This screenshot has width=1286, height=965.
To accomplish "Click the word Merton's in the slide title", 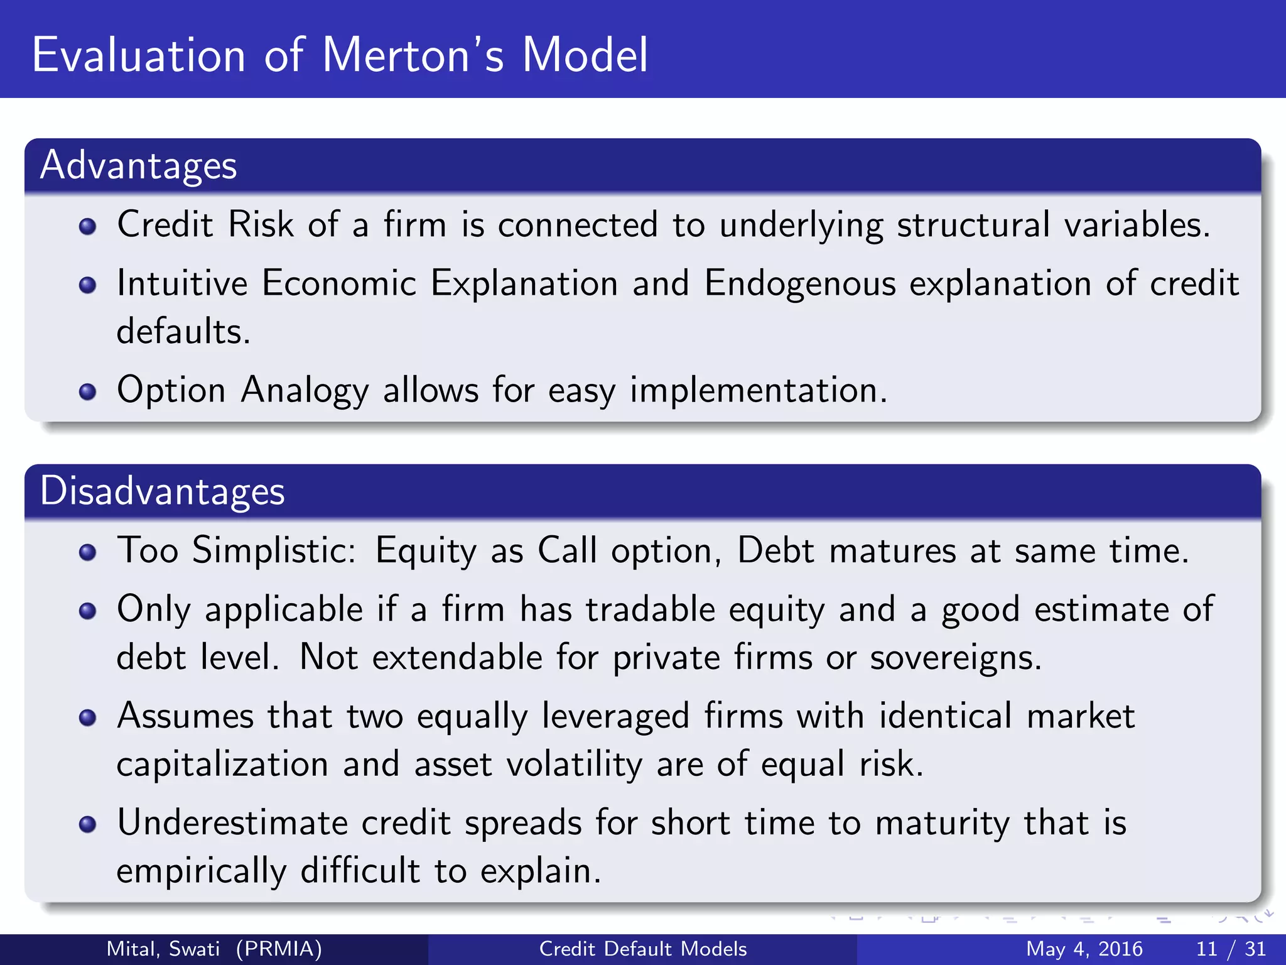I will pos(413,55).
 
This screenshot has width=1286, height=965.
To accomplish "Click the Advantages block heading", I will pos(138,166).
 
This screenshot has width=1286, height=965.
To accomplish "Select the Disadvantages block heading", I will pos(162,491).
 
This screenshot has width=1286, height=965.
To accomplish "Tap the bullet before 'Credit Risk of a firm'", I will pos(88,226).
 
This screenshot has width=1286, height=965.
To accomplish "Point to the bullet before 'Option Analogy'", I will pos(88,392).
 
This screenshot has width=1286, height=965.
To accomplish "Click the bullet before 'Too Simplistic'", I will pos(88,552).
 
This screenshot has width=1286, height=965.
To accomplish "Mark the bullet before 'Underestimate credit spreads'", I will pos(88,824).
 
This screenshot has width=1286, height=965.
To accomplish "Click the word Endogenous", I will pos(799,284).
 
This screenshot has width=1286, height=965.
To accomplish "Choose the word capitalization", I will pos(222,765).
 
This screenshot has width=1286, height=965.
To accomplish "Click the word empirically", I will pos(201,872).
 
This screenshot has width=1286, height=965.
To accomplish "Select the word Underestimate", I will pos(232,823).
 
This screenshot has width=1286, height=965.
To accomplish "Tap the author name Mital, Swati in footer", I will pos(163,949).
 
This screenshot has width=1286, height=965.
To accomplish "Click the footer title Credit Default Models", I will pos(643,949).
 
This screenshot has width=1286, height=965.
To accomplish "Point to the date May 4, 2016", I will pos(1084,949).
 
